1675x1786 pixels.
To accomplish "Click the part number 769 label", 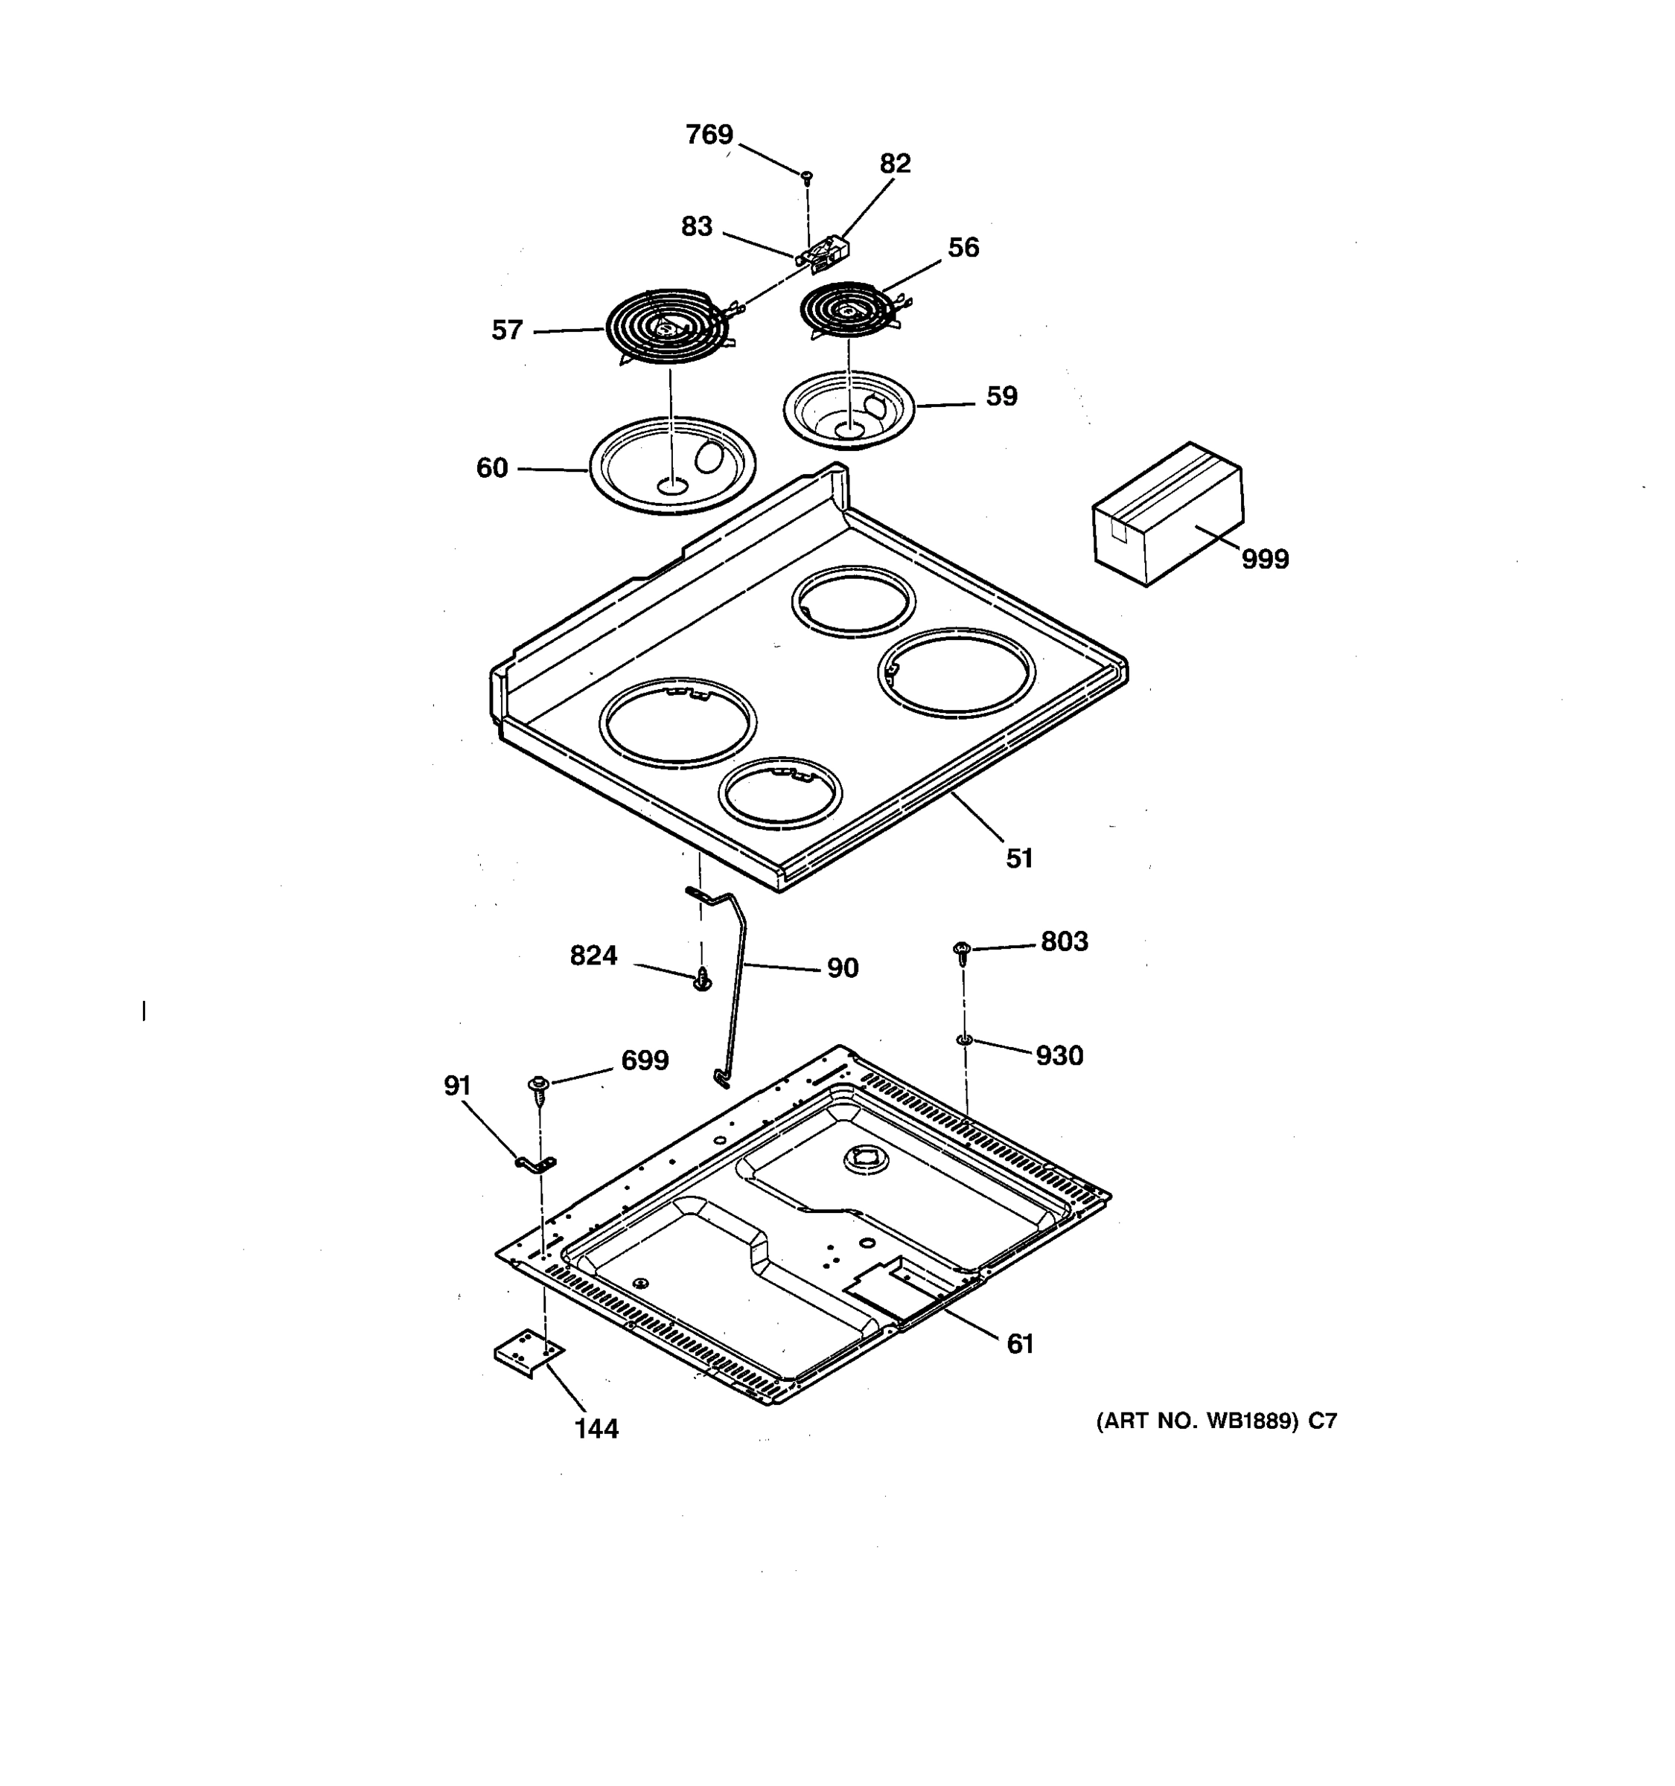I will pyautogui.click(x=708, y=135).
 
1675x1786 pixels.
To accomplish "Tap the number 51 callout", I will pyautogui.click(x=1018, y=859).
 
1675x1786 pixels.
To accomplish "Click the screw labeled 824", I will pyautogui.click(x=703, y=980).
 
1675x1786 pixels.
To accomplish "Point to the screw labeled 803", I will pyautogui.click(x=962, y=950).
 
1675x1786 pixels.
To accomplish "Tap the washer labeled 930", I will pyautogui.click(x=963, y=1040).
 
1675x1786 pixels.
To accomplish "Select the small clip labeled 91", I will pyautogui.click(x=535, y=1165).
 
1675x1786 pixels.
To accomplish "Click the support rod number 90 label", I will pyautogui.click(x=842, y=968).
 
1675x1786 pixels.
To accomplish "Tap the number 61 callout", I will pyautogui.click(x=1019, y=1345).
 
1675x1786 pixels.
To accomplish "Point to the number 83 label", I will pyautogui.click(x=695, y=226).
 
